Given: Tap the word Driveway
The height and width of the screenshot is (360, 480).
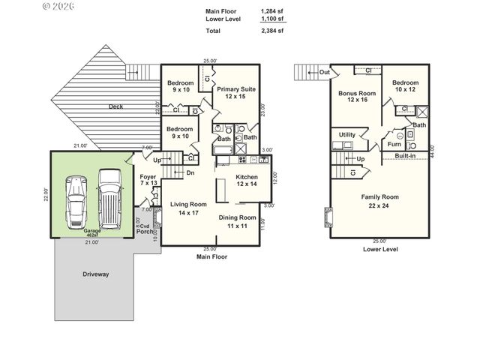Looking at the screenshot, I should click(x=95, y=274).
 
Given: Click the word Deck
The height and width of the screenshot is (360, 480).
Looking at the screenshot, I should click(x=115, y=106).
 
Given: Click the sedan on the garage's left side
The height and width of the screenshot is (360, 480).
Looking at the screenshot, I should click(x=76, y=202).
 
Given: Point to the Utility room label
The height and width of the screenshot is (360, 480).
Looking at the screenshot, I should click(x=347, y=135).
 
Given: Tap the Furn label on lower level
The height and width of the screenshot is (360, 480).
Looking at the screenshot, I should click(x=394, y=143).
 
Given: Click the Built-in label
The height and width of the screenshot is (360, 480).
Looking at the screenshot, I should click(x=406, y=156).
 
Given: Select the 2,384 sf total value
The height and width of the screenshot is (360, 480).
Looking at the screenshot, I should click(x=271, y=31).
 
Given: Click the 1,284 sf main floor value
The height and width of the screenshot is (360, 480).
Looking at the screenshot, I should click(x=271, y=11).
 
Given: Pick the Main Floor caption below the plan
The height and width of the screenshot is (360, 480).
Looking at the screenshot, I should click(x=211, y=256).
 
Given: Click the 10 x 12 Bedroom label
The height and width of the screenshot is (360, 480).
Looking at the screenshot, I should click(x=405, y=86).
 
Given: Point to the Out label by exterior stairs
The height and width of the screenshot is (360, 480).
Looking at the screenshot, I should click(x=324, y=72).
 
